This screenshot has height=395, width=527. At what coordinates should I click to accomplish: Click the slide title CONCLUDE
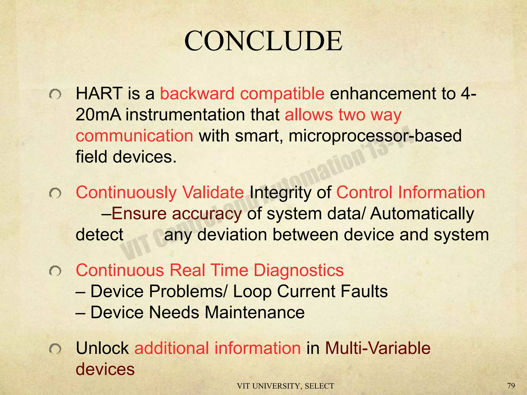coord(263,41)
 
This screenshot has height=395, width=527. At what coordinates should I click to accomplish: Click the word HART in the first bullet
coord(99,94)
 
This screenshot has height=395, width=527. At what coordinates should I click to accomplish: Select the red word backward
coord(197,94)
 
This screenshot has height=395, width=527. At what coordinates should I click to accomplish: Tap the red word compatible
coord(282,94)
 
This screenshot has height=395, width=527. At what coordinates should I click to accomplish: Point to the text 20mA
coord(98,115)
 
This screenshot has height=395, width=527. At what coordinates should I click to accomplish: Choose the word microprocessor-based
coord(375,136)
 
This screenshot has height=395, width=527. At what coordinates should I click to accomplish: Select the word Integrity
coord(280,193)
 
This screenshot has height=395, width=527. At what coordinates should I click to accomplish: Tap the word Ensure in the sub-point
coord(139,213)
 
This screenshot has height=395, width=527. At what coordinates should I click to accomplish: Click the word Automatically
coord(422,214)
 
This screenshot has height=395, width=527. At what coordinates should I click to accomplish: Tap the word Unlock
coord(102,348)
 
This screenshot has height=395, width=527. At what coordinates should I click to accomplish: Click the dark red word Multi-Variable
coord(378,348)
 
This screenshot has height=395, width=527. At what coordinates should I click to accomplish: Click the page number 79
coord(511,386)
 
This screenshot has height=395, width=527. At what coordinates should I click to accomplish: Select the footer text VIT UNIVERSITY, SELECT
coord(285,386)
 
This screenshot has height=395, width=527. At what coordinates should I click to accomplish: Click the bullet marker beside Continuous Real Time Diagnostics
coord(55,271)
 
